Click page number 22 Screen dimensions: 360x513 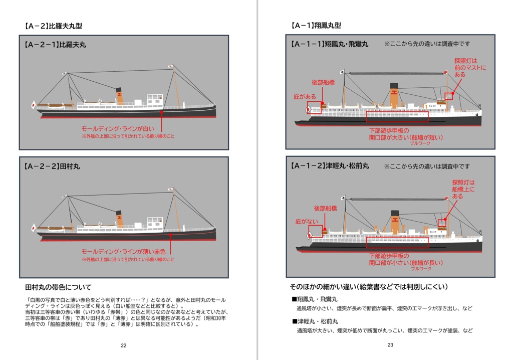tap(123, 345)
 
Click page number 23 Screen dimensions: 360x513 tap(390, 344)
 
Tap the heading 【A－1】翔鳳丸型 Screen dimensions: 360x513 tap(316, 25)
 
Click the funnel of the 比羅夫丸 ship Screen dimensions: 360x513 tap(119, 95)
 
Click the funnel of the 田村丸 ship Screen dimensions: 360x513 tap(119, 219)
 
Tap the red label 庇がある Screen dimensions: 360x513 tap(305, 96)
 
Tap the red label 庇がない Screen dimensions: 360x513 tap(306, 221)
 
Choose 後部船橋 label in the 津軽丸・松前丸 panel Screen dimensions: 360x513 tap(326, 208)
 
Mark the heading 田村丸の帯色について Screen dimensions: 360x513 tap(58, 287)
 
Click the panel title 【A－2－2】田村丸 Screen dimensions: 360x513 tap(52, 166)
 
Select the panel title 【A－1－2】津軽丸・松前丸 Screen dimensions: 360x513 tap(329, 165)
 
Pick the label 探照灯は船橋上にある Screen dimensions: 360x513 tap(463, 190)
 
